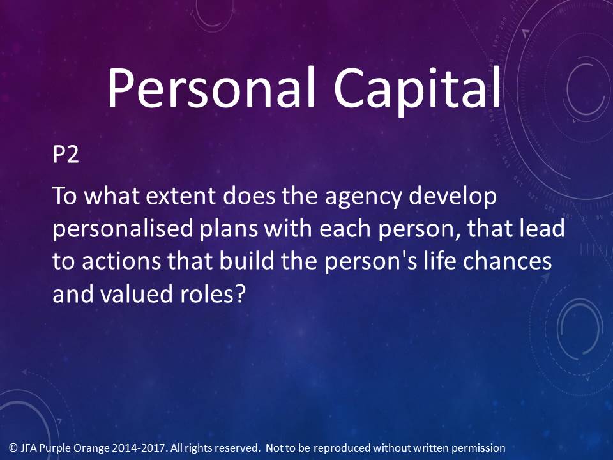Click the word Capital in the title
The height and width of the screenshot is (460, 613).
pyautogui.click(x=417, y=90)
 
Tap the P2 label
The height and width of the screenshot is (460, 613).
pyautogui.click(x=66, y=154)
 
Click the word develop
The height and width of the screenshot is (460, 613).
pyautogui.click(x=453, y=197)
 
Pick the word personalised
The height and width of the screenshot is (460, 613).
pyautogui.click(x=123, y=229)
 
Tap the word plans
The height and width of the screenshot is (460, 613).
pyautogui.click(x=229, y=229)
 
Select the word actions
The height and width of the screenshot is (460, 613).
pyautogui.click(x=121, y=261)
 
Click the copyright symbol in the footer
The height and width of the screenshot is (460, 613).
pyautogui.click(x=13, y=447)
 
